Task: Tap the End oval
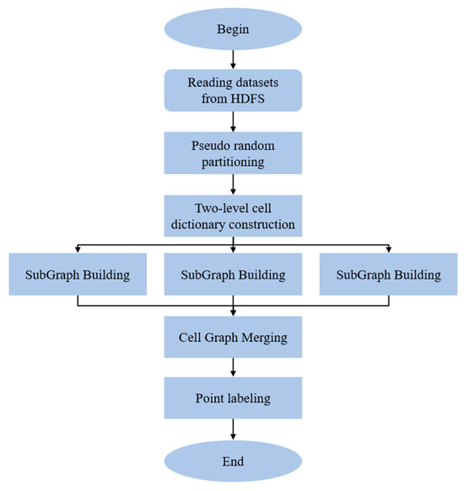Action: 234,461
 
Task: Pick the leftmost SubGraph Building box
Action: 78,275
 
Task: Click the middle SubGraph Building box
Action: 234,275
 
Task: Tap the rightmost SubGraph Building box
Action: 388,275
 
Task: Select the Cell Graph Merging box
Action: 234,338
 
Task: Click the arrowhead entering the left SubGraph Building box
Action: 78,249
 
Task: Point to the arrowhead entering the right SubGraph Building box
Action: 388,249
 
